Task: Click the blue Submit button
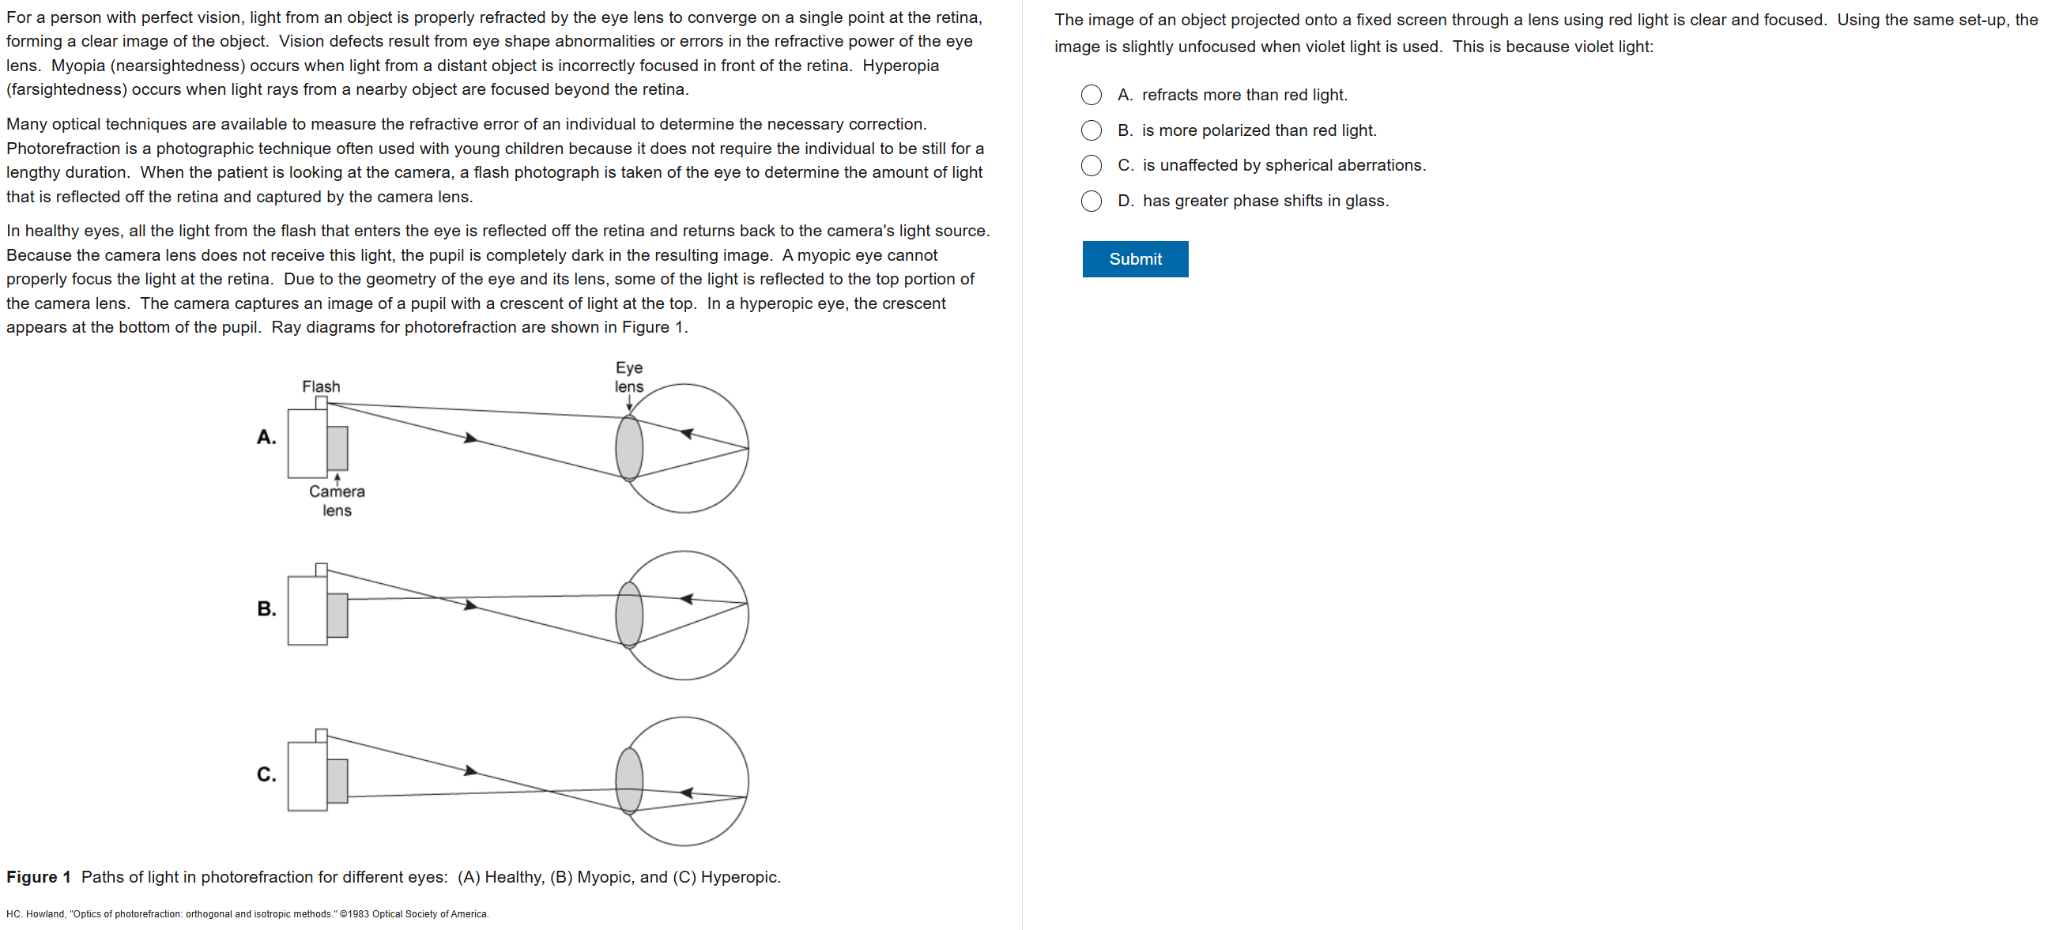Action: tap(1134, 259)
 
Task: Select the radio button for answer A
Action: tap(1091, 95)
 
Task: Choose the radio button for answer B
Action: tap(1091, 130)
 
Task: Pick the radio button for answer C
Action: tap(1091, 165)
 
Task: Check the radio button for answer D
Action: tap(1091, 201)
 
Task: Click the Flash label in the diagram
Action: tap(321, 387)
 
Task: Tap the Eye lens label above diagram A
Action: tap(628, 377)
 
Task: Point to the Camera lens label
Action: tap(337, 501)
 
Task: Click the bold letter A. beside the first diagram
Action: tap(266, 437)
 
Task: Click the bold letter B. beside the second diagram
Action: tap(266, 608)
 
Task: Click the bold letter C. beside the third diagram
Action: tap(266, 774)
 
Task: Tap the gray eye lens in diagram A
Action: tap(629, 448)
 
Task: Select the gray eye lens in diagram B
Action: tap(629, 615)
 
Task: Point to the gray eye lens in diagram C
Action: tap(629, 780)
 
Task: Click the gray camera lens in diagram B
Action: tap(337, 615)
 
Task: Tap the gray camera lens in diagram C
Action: tap(337, 781)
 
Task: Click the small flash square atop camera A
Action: tap(322, 403)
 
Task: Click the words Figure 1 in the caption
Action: tap(38, 876)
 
